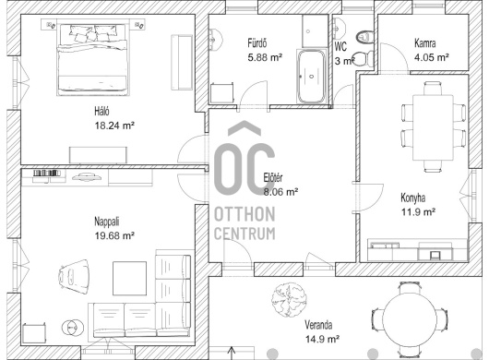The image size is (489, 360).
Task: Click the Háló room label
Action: [x=101, y=111]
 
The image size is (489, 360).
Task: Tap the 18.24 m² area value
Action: [x=114, y=126]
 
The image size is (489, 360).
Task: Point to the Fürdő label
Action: [x=257, y=42]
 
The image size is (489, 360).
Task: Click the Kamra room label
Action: [x=425, y=42]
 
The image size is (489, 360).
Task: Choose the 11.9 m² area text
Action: [x=418, y=212]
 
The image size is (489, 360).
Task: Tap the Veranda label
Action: [x=318, y=325]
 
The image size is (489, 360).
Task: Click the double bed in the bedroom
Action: [x=93, y=59]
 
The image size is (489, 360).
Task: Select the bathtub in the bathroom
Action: [x=311, y=76]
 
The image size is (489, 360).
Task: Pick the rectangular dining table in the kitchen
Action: [x=433, y=127]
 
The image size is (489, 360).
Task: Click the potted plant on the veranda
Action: [x=289, y=300]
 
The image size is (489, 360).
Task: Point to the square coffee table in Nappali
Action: [x=129, y=278]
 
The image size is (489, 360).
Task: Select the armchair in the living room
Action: [x=74, y=276]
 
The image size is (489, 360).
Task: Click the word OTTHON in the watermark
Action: [x=244, y=214]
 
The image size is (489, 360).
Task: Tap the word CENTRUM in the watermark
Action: [x=244, y=234]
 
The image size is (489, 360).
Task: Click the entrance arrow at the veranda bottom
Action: [x=232, y=353]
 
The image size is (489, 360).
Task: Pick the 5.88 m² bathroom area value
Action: [x=265, y=57]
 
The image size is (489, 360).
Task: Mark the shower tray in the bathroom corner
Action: [x=315, y=31]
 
